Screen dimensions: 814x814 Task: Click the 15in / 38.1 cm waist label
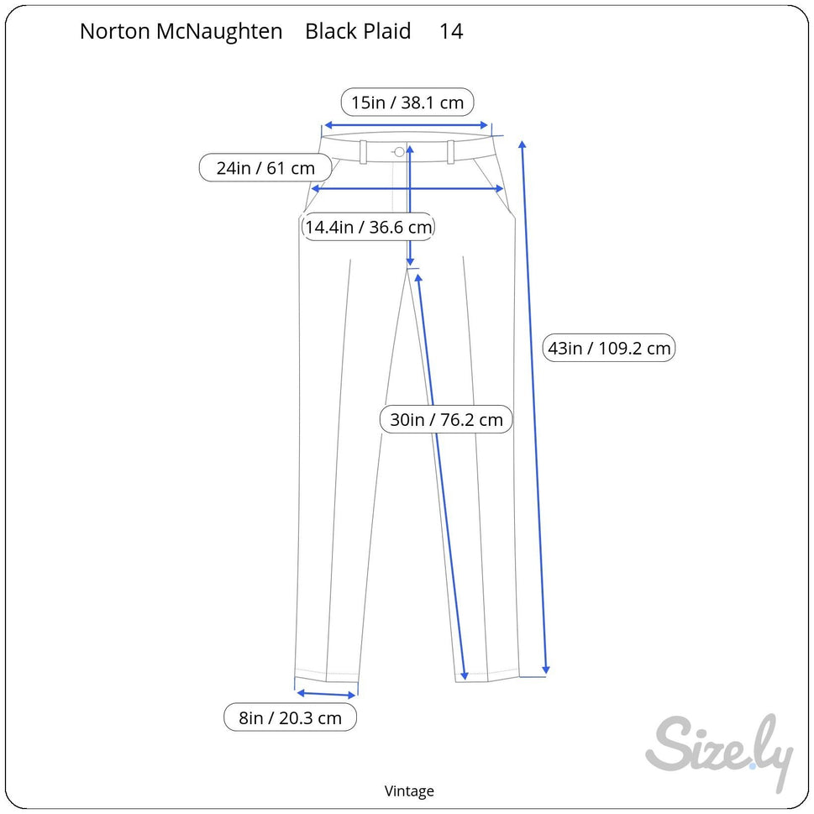pos(407,102)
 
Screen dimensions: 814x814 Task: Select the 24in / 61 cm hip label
pos(265,168)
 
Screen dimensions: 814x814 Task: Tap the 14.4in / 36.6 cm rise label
pos(368,227)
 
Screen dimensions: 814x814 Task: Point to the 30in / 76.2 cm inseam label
pos(446,419)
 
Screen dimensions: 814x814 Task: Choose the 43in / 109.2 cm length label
pos(609,348)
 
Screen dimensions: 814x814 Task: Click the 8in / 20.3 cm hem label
pos(290,717)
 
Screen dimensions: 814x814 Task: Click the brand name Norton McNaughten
pos(181,31)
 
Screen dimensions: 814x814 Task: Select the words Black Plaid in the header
pos(358,31)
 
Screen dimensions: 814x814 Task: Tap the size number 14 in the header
pos(451,31)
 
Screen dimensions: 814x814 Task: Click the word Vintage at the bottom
pos(409,790)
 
